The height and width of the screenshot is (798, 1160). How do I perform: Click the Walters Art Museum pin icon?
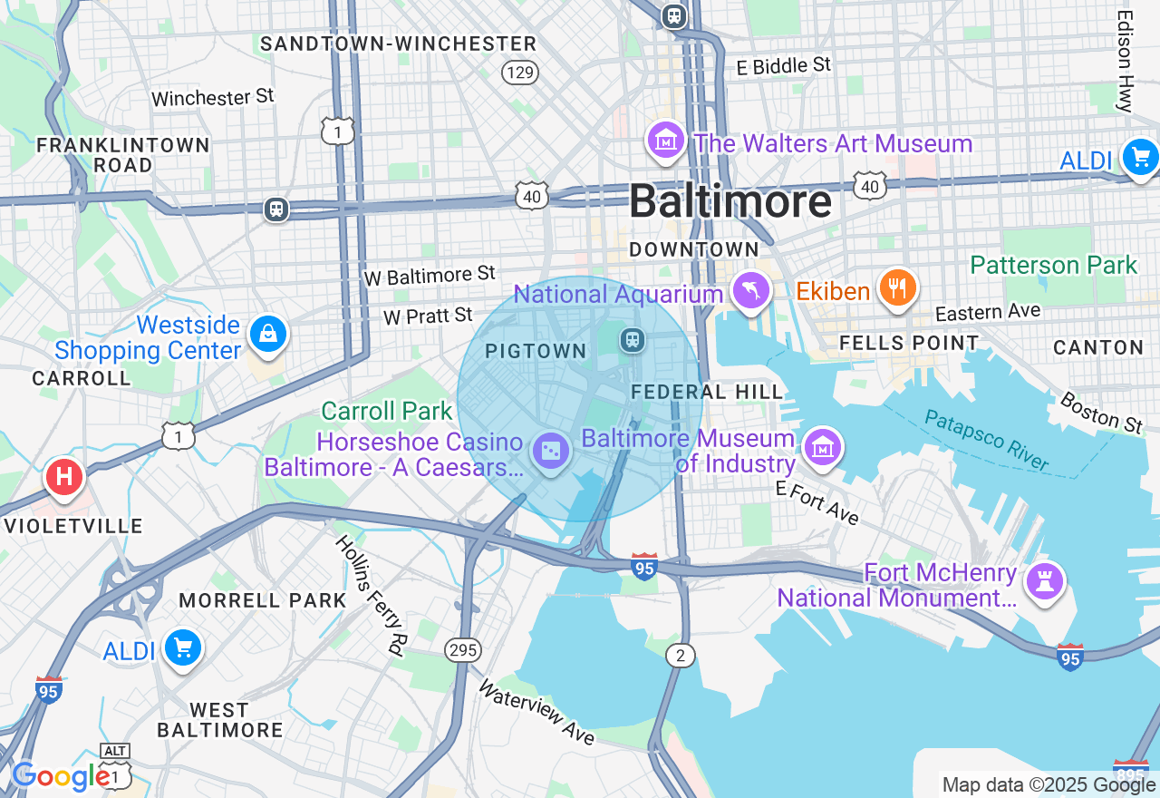point(666,141)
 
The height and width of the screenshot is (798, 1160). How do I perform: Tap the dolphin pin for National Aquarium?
point(751,290)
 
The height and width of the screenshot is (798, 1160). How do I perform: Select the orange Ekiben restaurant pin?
point(897,288)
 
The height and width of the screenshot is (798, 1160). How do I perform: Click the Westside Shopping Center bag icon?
point(268,334)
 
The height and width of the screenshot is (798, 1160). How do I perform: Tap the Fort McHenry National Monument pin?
point(1045,579)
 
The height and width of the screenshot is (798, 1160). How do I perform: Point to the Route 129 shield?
point(520,73)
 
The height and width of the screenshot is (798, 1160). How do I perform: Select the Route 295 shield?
point(463,649)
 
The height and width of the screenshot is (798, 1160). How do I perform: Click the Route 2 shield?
point(680,656)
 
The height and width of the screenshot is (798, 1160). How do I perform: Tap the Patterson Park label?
point(1053,265)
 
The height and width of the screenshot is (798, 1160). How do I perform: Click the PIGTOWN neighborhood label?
point(536,351)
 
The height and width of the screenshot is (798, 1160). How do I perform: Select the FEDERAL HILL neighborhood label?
point(707,392)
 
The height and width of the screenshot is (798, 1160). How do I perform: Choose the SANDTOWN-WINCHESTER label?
point(399,44)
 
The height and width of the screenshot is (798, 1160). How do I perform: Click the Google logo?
point(60,776)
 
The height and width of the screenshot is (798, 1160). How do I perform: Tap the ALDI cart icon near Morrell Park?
point(184,648)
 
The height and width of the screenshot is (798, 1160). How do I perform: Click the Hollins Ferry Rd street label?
point(371,594)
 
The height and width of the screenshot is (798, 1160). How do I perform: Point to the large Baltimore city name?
point(730,200)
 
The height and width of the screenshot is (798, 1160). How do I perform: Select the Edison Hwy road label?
point(1126,61)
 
